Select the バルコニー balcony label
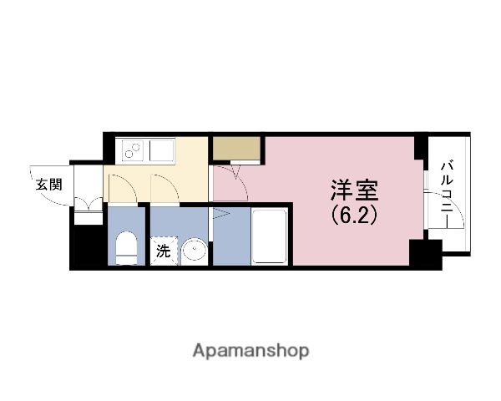[x=448, y=192]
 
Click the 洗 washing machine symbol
[x=163, y=249]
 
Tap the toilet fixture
[x=127, y=248]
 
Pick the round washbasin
[x=195, y=250]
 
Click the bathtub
[x=270, y=237]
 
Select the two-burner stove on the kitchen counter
[x=133, y=151]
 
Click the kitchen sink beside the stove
[x=160, y=151]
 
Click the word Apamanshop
[x=250, y=350]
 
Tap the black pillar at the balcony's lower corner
[x=424, y=253]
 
